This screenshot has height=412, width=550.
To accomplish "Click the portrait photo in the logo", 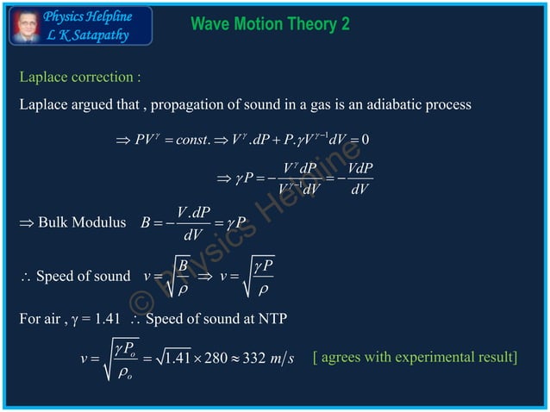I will click(25, 25).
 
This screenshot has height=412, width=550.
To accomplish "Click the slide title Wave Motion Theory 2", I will click(270, 24).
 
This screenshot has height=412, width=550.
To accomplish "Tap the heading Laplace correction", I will click(80, 78).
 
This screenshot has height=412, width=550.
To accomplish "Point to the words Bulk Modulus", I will click(82, 224).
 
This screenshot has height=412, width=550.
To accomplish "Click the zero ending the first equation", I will click(366, 140).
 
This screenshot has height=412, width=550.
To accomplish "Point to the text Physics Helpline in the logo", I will click(88, 16).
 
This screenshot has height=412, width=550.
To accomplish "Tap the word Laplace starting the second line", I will click(44, 104).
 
